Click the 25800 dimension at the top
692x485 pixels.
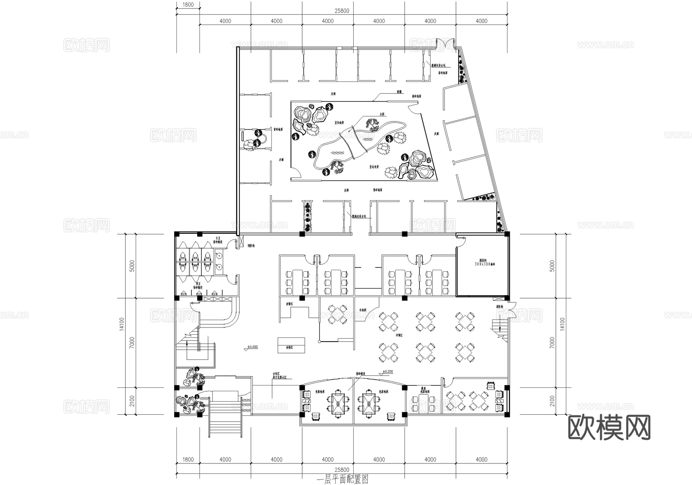pos(342,11)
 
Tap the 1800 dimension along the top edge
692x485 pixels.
pos(188,5)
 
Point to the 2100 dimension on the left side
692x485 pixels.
pos(132,401)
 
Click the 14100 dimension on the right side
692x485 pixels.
pos(562,324)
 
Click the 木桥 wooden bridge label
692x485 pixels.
pos(382,114)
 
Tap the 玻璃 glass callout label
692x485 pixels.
pos(399,92)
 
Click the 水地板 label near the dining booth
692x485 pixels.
pos(363,309)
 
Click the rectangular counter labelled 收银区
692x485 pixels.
pos(291,345)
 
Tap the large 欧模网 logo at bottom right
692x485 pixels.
pos(609,427)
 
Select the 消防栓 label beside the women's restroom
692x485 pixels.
pos(251,246)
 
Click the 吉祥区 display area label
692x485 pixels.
pos(275,373)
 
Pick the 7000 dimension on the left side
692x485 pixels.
pos(132,342)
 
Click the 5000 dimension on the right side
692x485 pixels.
pos(552,266)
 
